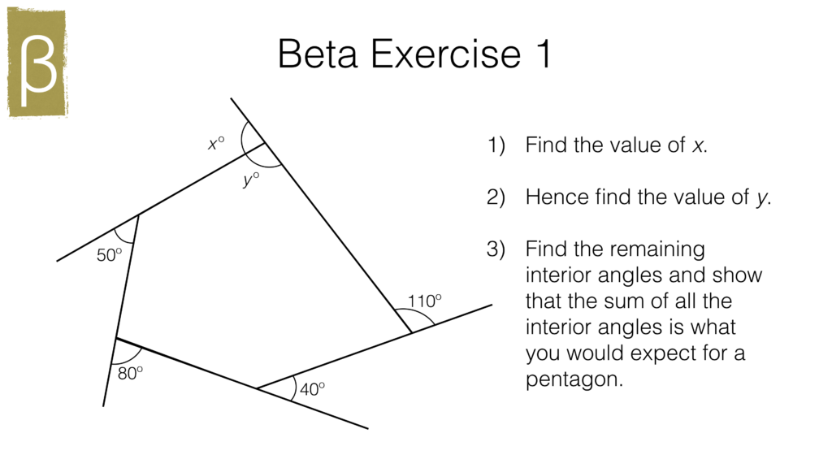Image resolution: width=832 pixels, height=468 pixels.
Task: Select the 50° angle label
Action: click(x=109, y=255)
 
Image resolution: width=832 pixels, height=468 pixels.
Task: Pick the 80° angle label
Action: click(x=130, y=373)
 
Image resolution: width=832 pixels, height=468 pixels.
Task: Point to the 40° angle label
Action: click(x=312, y=389)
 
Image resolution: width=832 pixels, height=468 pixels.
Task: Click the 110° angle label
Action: click(x=424, y=301)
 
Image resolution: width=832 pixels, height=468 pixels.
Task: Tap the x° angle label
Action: click(x=215, y=144)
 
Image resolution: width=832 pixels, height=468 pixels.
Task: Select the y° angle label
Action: click(x=250, y=179)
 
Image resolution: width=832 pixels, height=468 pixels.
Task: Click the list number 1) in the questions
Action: click(x=496, y=146)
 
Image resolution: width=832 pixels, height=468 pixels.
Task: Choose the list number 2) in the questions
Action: click(x=496, y=197)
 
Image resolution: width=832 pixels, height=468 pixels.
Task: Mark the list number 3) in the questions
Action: click(x=496, y=249)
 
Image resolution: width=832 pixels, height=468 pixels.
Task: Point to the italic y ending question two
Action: click(x=761, y=199)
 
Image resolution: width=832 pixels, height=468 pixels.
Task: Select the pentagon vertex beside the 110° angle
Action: click(x=411, y=332)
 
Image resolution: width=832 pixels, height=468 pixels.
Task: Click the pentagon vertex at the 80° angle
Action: click(x=116, y=337)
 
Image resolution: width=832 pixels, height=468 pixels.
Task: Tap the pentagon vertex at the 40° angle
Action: click(x=257, y=388)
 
